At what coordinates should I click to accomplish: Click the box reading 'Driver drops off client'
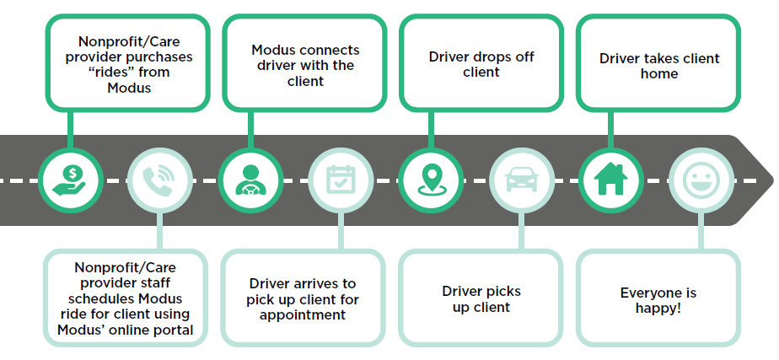point(481,63)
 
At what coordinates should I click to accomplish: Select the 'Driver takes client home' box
point(658,63)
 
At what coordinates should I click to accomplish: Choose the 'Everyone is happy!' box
point(658,298)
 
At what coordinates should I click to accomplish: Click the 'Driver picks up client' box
point(481,298)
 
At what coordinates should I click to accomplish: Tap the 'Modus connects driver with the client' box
point(304,63)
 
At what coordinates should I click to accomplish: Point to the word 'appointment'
point(303,314)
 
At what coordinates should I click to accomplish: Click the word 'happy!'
point(658,309)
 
